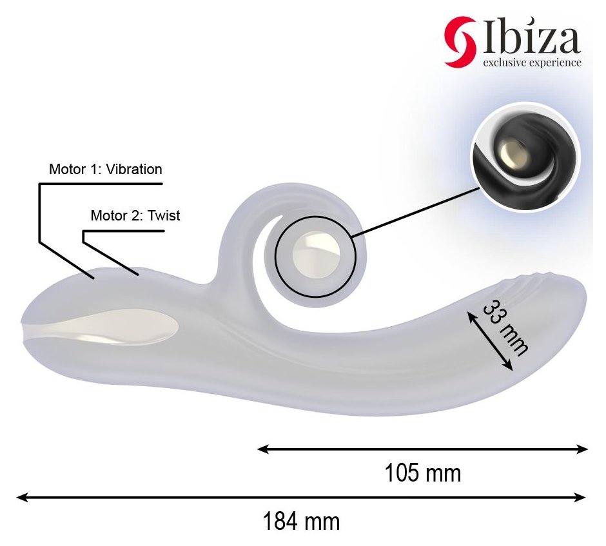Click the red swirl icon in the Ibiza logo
[460, 42]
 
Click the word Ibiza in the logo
[531, 36]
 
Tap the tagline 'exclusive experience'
[532, 63]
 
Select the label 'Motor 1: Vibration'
[105, 170]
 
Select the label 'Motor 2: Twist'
[135, 215]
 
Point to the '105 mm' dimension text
[423, 473]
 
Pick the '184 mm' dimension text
[302, 522]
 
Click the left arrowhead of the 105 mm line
[263, 449]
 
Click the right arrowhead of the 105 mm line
[582, 449]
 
